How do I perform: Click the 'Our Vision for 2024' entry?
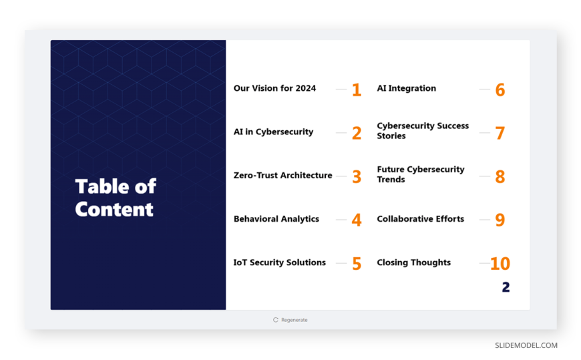click(274, 88)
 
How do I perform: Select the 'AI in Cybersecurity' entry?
click(273, 132)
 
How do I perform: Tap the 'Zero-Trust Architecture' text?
click(282, 176)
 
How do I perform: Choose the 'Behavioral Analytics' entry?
click(276, 219)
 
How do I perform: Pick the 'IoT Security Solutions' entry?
click(279, 262)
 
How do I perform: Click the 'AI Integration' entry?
click(407, 88)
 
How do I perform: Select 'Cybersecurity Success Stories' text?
click(423, 131)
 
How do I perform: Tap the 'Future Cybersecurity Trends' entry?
click(421, 174)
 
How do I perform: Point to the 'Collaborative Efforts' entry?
click(421, 219)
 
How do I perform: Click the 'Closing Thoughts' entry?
click(414, 262)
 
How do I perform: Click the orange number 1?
click(357, 89)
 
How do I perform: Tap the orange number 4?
click(357, 220)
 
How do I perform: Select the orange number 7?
click(500, 133)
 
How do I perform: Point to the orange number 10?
click(500, 264)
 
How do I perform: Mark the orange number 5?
click(357, 264)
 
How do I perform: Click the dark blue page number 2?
click(506, 287)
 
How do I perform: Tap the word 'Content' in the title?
click(114, 209)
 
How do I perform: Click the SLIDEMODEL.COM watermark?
click(526, 345)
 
